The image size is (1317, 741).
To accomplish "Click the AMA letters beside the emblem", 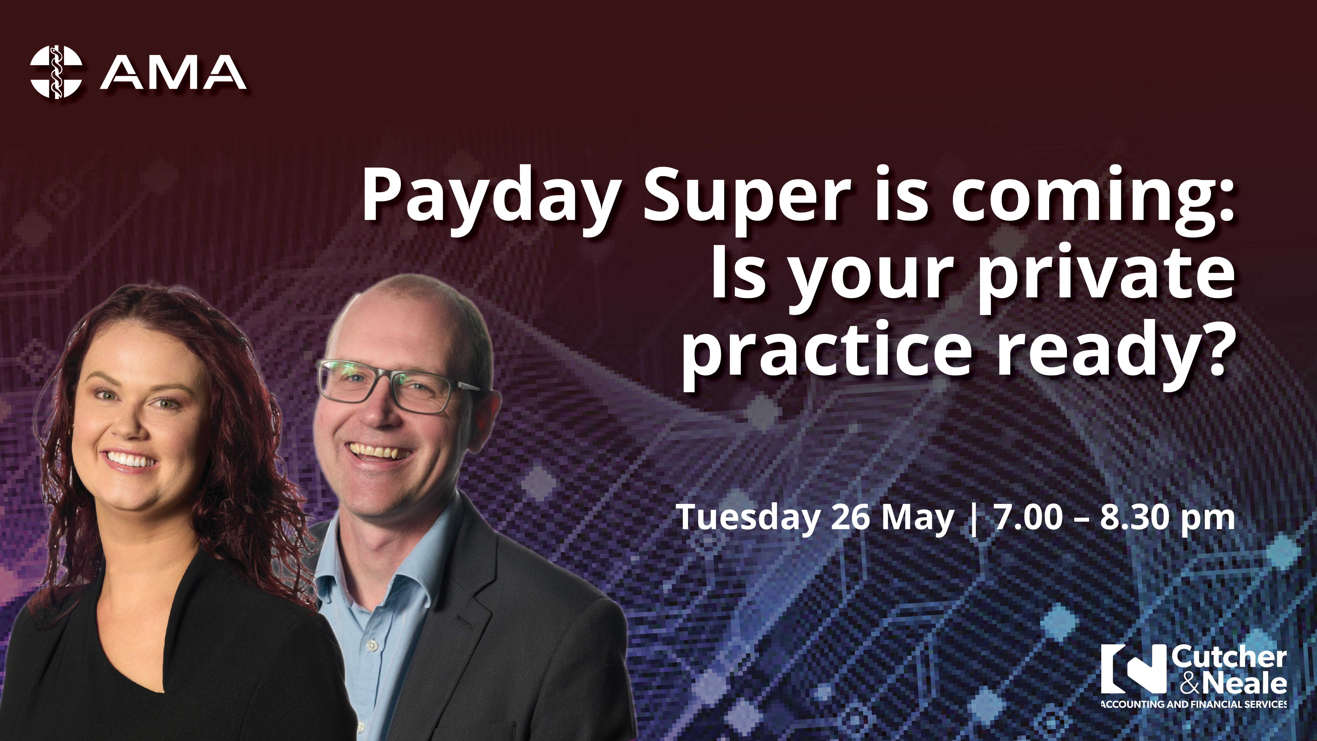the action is click(173, 72).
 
